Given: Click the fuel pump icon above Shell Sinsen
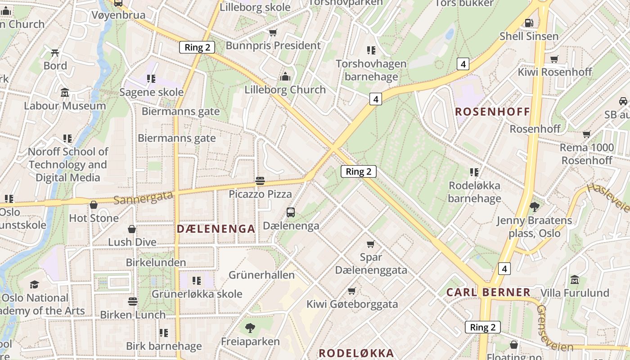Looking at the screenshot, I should pyautogui.click(x=529, y=22).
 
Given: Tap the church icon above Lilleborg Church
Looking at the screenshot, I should pyautogui.click(x=285, y=76).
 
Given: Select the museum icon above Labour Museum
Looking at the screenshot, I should pyautogui.click(x=65, y=93).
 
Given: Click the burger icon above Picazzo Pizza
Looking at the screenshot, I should pyautogui.click(x=260, y=181).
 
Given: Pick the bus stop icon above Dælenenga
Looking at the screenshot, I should pyautogui.click(x=291, y=212).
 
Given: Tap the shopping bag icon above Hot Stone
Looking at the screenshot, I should pyautogui.click(x=94, y=205).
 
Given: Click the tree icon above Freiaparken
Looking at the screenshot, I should pyautogui.click(x=250, y=328).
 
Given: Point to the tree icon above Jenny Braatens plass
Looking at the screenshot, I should pyautogui.click(x=535, y=207).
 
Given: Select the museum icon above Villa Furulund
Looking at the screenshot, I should pyautogui.click(x=575, y=280).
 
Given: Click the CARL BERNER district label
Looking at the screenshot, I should pyautogui.click(x=488, y=292).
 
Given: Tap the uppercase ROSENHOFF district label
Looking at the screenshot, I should pyautogui.click(x=492, y=112).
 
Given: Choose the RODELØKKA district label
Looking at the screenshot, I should pyautogui.click(x=356, y=353).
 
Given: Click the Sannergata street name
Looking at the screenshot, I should pyautogui.click(x=143, y=198).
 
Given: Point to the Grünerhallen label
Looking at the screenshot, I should pyautogui.click(x=261, y=275).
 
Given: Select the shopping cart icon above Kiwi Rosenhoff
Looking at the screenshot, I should pyautogui.click(x=554, y=59).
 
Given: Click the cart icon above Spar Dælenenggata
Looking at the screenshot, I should pyautogui.click(x=371, y=244).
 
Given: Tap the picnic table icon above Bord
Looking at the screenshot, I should pyautogui.click(x=55, y=53).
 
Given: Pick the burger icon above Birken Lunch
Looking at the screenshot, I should pyautogui.click(x=132, y=301).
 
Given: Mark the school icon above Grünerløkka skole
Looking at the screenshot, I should pyautogui.click(x=197, y=281).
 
